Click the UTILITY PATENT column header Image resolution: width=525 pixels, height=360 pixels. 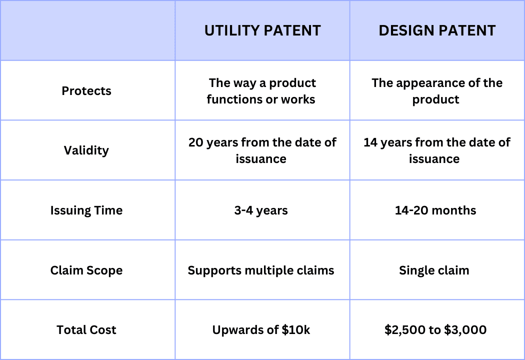pyautogui.click(x=262, y=30)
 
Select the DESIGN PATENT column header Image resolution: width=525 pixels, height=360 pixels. pyautogui.click(x=437, y=30)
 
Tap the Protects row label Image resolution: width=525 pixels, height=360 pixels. pyautogui.click(x=86, y=91)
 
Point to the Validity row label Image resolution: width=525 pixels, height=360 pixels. pyautogui.click(x=86, y=150)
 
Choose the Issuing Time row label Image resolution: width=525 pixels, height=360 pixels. pyautogui.click(x=86, y=210)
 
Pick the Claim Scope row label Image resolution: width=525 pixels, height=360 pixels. pyautogui.click(x=86, y=270)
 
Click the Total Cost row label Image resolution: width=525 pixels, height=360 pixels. pyautogui.click(x=86, y=330)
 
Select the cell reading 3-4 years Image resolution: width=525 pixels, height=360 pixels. pyautogui.click(x=261, y=210)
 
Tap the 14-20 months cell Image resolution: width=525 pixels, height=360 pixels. pyautogui.click(x=435, y=210)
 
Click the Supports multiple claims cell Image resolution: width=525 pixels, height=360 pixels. pyautogui.click(x=261, y=270)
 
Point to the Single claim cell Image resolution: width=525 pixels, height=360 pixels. pyautogui.click(x=434, y=270)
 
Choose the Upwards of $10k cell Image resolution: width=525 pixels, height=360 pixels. pyautogui.click(x=261, y=330)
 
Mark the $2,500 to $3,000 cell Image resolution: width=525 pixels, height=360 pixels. pyautogui.click(x=435, y=330)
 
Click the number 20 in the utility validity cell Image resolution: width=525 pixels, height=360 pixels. pyautogui.click(x=195, y=142)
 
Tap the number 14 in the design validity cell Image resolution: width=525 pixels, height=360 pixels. pyautogui.click(x=370, y=142)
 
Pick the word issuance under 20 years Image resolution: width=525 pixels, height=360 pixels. pyautogui.click(x=261, y=159)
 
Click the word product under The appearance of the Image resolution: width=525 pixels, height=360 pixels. pyautogui.click(x=435, y=100)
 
